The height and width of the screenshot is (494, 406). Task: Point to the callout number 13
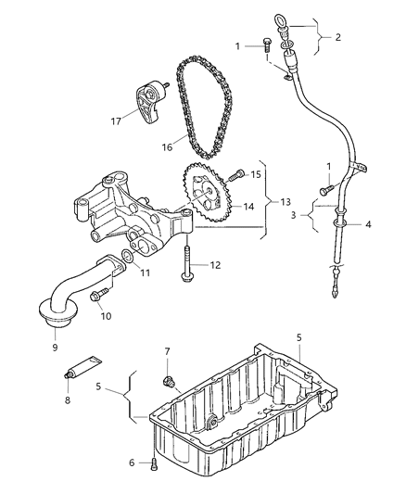point(284,201)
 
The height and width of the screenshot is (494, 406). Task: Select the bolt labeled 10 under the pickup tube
point(101,296)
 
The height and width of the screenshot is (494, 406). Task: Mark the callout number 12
point(215,266)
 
